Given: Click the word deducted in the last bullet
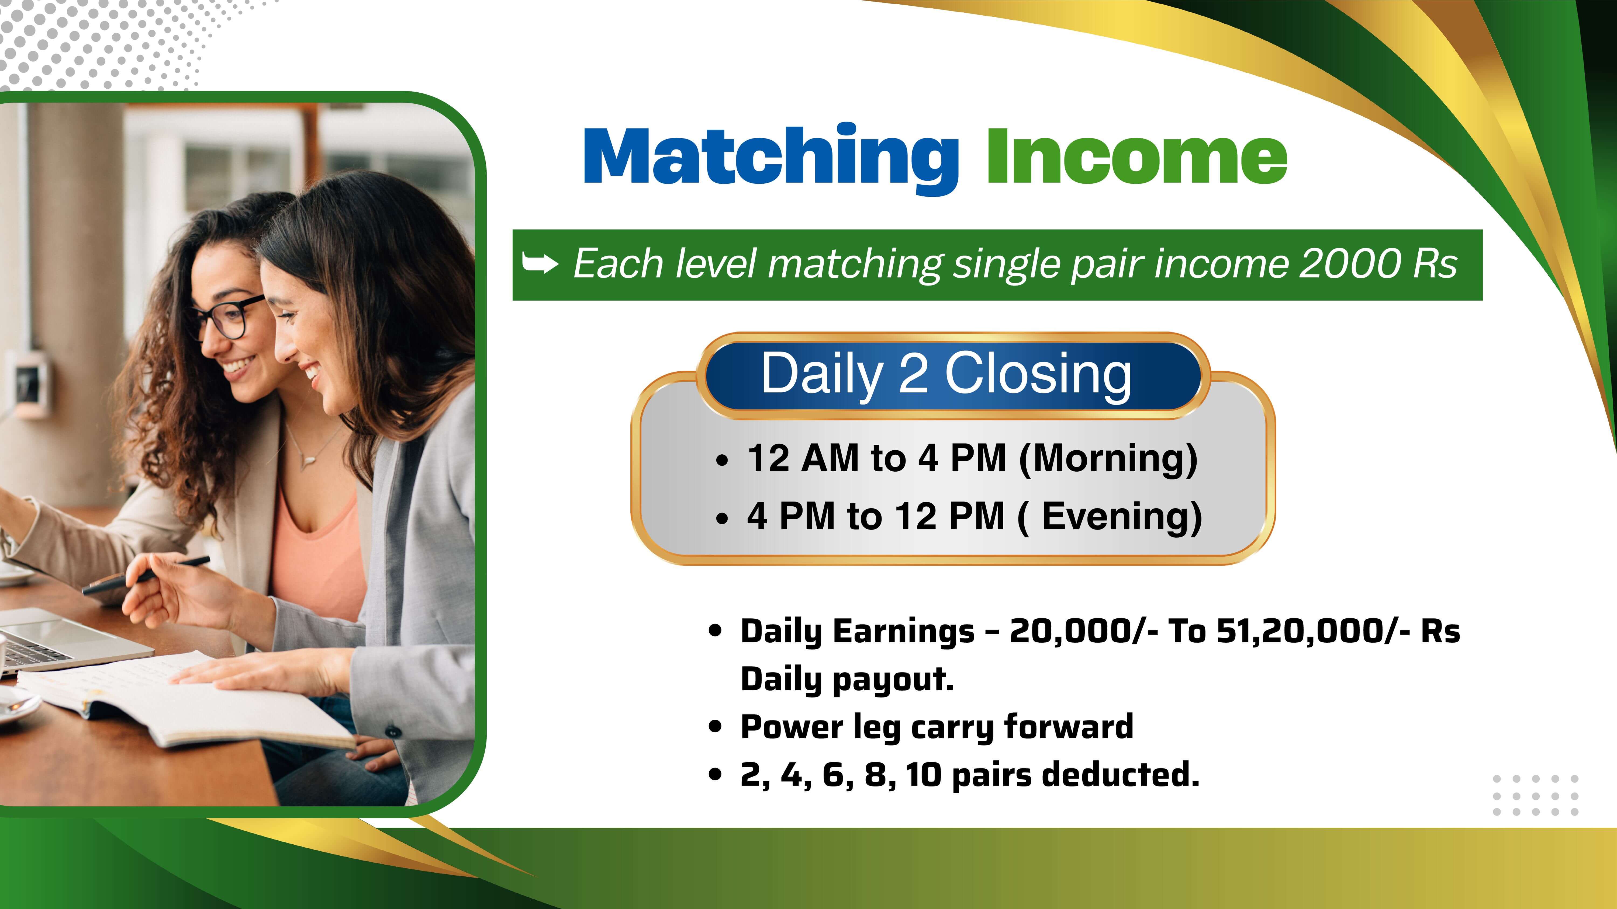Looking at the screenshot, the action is pyautogui.click(x=1121, y=774).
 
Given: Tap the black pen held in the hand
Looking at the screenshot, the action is pyautogui.click(x=146, y=575).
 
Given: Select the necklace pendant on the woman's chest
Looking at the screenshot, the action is pyautogui.click(x=306, y=462).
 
